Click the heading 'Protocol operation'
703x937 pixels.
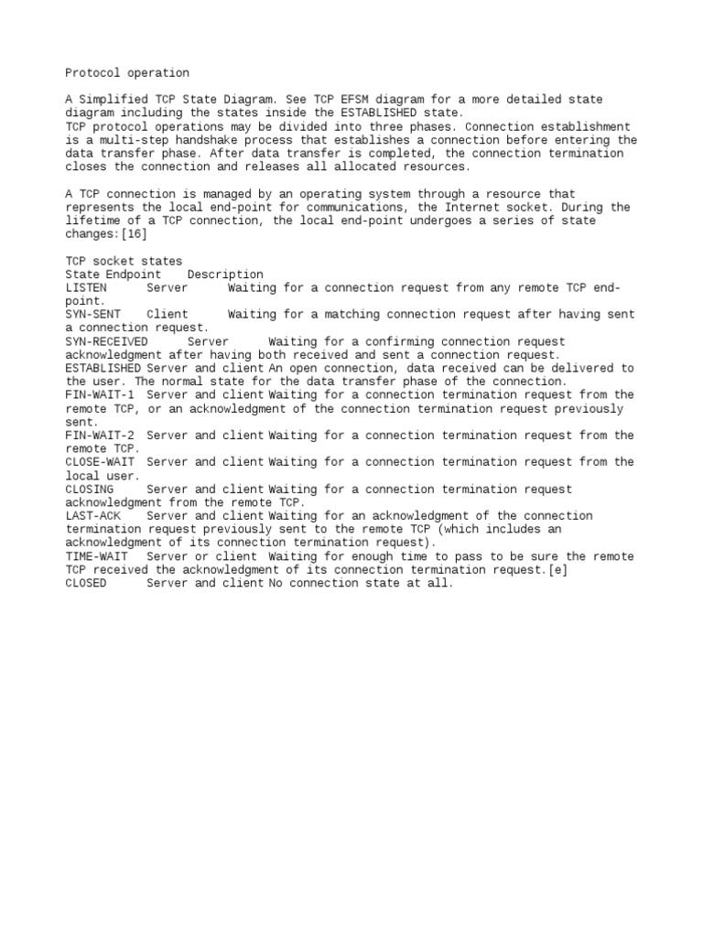coord(127,72)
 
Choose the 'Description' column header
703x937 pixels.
coord(225,275)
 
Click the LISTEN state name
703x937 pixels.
coord(86,287)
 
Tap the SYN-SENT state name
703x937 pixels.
coord(92,315)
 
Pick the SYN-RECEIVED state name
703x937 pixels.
coord(106,341)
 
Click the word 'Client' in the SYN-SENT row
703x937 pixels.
coord(168,315)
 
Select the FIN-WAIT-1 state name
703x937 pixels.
coord(100,395)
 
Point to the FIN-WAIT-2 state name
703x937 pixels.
coord(100,436)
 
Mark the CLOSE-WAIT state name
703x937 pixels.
coord(100,462)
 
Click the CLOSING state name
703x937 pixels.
coord(90,490)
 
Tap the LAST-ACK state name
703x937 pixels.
coord(92,516)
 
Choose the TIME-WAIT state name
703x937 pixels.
coord(96,556)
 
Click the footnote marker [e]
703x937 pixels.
coord(567,570)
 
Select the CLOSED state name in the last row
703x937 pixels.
coord(86,583)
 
